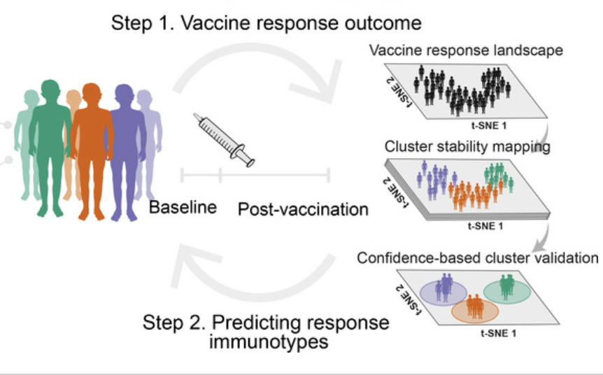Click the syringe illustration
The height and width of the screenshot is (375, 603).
tap(224, 141)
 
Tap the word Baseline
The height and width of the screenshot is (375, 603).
tap(183, 207)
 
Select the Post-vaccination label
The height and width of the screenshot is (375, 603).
tap(303, 210)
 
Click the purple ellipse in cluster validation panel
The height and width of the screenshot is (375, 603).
tap(444, 293)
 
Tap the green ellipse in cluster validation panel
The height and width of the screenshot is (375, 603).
tap(507, 292)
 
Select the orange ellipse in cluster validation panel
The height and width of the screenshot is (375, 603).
tap(475, 311)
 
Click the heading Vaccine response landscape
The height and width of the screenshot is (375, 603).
tap(466, 50)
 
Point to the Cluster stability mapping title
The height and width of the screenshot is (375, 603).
tap(467, 147)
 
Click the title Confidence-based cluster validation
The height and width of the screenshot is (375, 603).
tap(477, 257)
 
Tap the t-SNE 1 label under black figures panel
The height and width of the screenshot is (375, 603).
tap(489, 126)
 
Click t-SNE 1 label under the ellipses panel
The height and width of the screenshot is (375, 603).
tap(498, 333)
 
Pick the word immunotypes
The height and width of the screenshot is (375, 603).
tap(269, 341)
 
